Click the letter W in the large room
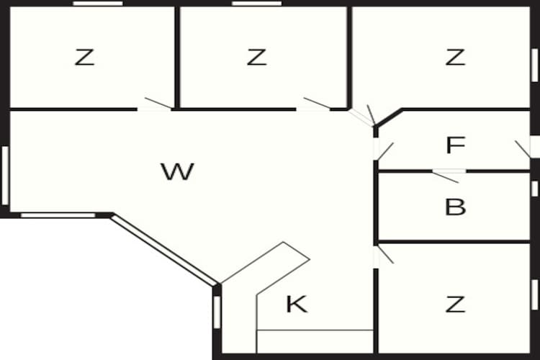(x=177, y=171)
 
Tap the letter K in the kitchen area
(x=297, y=304)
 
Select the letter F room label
(x=455, y=145)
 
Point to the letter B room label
(x=455, y=207)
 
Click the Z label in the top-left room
(x=84, y=57)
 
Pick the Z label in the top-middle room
(x=256, y=57)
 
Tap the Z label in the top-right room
(x=455, y=57)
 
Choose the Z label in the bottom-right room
(x=455, y=304)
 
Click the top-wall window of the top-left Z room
(x=98, y=4)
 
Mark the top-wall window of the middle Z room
(x=256, y=4)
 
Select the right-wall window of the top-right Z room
(x=534, y=66)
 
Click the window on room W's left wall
(x=5, y=176)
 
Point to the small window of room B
(x=534, y=189)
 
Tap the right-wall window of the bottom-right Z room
(x=534, y=295)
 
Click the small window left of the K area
(x=217, y=312)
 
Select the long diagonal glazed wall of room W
(x=164, y=250)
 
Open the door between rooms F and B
(x=448, y=175)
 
